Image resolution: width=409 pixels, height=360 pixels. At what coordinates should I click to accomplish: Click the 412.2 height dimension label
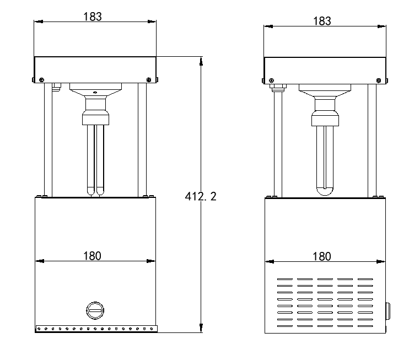tap(201, 196)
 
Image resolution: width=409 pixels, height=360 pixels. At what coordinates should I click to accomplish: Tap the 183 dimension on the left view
tap(93, 17)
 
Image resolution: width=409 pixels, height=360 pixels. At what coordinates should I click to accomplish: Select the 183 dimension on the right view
tap(322, 21)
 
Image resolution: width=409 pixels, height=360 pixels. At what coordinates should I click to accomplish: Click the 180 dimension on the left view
tap(92, 256)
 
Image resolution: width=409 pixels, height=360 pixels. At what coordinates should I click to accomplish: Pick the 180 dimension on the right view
tap(321, 256)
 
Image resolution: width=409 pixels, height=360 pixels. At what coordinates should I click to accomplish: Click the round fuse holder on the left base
tap(95, 310)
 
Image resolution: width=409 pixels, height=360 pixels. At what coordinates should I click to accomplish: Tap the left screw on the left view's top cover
tap(41, 79)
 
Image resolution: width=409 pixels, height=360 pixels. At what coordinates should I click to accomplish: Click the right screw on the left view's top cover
tap(149, 79)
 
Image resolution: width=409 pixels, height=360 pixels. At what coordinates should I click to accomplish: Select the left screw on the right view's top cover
tap(271, 80)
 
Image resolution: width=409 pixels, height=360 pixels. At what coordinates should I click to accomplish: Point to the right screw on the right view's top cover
tap(379, 80)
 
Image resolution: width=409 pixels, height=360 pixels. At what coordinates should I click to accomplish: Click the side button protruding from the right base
tap(388, 311)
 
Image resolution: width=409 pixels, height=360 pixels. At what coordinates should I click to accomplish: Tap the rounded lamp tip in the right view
tap(325, 191)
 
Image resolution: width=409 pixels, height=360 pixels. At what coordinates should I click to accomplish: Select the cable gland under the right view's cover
tap(278, 88)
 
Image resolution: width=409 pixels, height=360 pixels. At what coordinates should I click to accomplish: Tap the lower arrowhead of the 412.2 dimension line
tap(201, 328)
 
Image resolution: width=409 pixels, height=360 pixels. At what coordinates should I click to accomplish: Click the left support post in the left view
tap(49, 140)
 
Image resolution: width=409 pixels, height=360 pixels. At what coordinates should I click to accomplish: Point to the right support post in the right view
tap(372, 141)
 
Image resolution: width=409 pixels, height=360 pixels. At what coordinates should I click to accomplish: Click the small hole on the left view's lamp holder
tap(95, 93)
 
